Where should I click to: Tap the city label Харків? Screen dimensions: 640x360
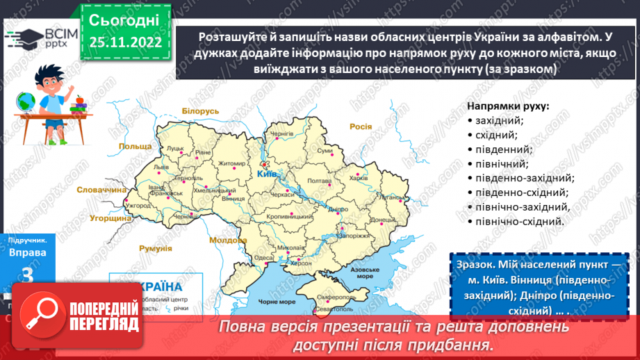pos(359,178)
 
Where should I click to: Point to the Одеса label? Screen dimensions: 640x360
pos(263,257)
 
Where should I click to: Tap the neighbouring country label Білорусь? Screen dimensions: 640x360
pos(200,111)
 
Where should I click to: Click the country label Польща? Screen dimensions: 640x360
pos(135,147)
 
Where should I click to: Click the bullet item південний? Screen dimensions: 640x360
pos(503,149)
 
